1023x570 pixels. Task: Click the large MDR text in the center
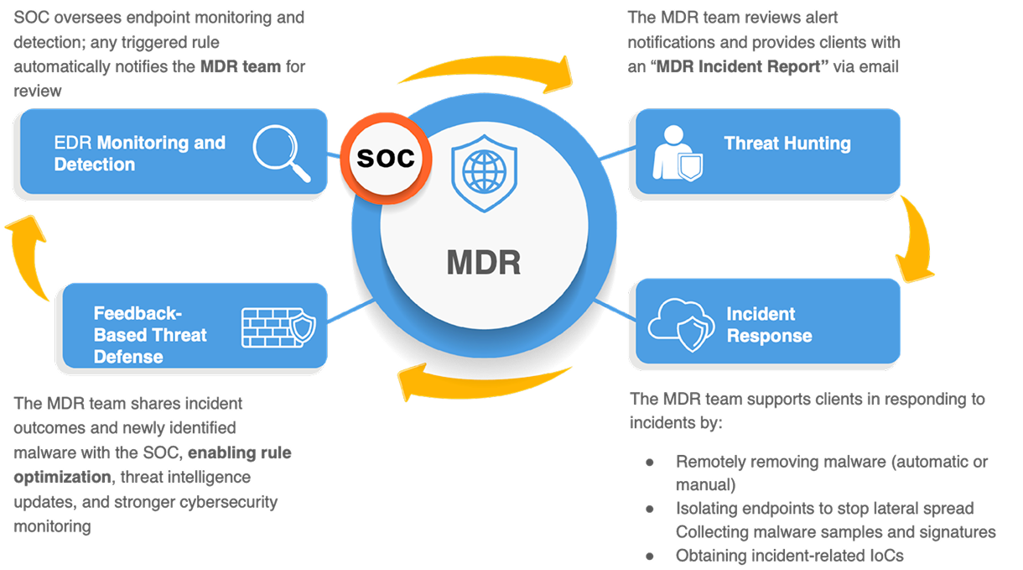click(483, 263)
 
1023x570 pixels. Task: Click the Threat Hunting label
click(787, 144)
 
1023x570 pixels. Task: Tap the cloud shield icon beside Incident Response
click(680, 323)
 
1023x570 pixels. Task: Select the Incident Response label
click(769, 325)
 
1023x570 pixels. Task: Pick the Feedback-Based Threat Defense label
click(150, 335)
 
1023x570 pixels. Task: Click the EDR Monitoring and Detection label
click(140, 154)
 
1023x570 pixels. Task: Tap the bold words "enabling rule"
click(239, 453)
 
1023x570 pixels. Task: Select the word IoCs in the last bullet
click(885, 556)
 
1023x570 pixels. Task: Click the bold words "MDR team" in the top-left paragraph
click(241, 65)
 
